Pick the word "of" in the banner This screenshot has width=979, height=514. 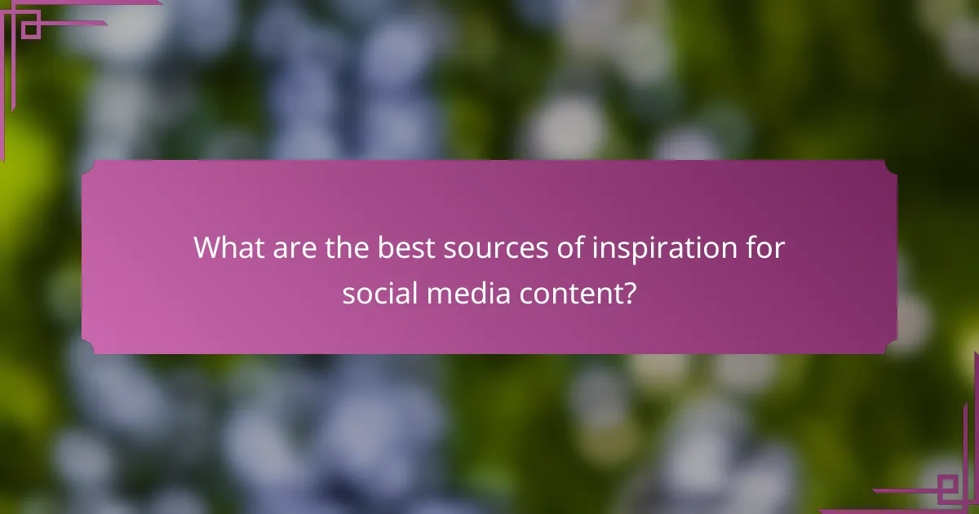(x=553, y=248)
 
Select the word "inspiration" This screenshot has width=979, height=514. (x=654, y=248)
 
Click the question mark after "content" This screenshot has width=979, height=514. (x=629, y=293)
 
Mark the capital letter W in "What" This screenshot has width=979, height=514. (x=208, y=248)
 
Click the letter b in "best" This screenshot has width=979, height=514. (x=383, y=248)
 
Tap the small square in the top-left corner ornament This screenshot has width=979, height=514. (x=30, y=30)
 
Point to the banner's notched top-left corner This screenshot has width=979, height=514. (x=87, y=166)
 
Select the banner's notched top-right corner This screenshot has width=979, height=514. (x=891, y=166)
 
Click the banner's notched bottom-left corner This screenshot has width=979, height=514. (x=87, y=348)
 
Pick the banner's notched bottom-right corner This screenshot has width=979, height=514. (x=891, y=348)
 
